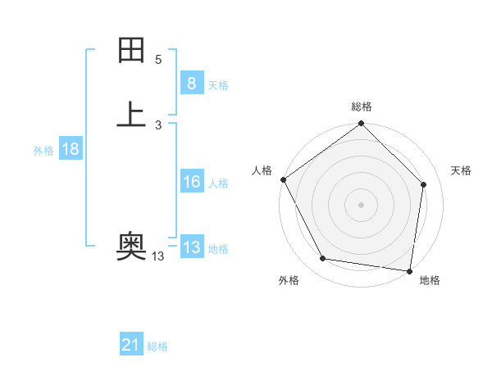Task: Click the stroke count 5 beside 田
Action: point(158,60)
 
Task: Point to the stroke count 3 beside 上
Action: point(158,125)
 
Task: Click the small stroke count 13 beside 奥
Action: point(158,256)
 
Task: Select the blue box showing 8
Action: point(191,83)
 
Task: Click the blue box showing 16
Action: point(191,182)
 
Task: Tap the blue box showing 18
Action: point(70,149)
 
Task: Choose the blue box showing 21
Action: point(131,345)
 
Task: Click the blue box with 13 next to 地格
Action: point(191,247)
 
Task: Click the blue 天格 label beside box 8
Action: point(218,84)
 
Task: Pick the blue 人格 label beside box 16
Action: point(218,183)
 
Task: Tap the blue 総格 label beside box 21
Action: point(157,346)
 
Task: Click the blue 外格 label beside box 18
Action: point(43,151)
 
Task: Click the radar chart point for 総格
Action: point(361,125)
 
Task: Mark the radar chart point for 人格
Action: point(283,179)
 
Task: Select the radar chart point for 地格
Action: point(409,270)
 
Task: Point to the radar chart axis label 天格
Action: point(461,170)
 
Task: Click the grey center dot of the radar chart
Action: point(361,204)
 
